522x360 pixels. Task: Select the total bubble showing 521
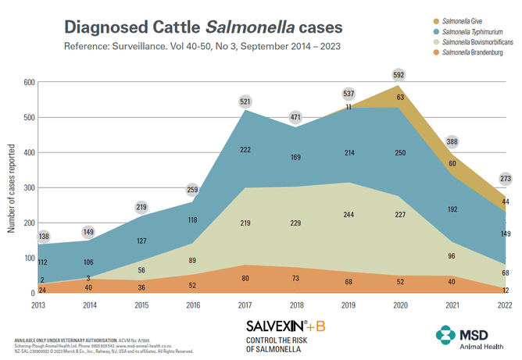click(x=246, y=102)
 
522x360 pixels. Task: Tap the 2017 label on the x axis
click(x=246, y=305)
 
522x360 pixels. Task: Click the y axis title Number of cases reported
click(x=12, y=187)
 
